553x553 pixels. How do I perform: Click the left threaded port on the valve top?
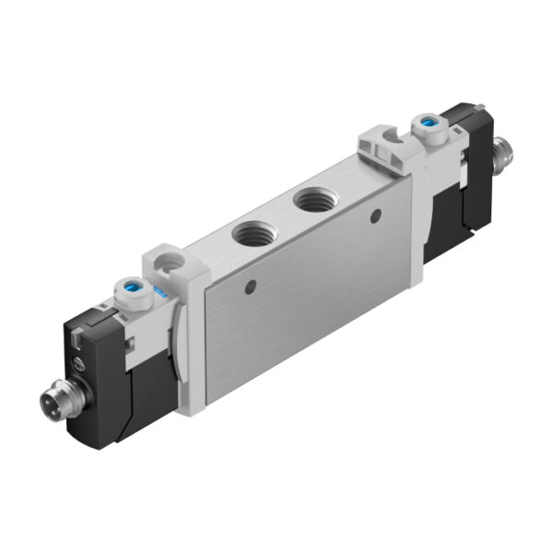pos(252,233)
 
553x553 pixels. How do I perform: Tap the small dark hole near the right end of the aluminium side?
pos(375,218)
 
